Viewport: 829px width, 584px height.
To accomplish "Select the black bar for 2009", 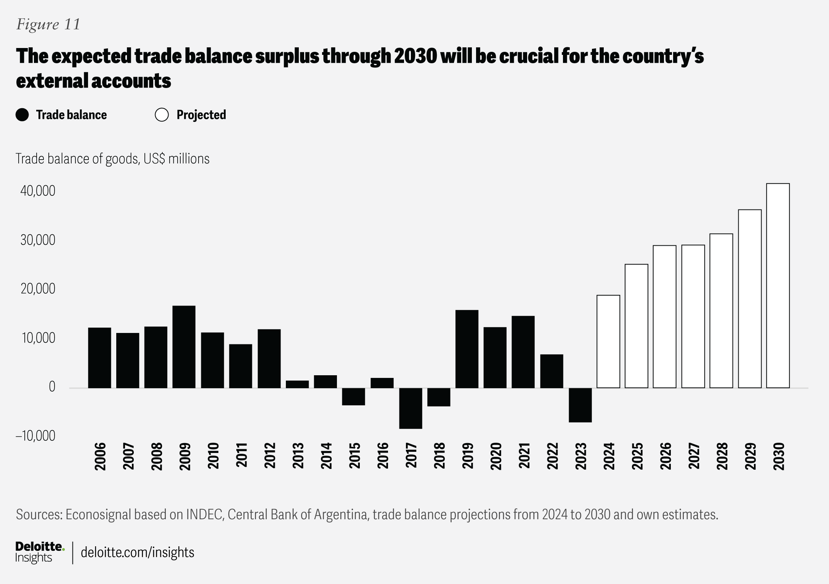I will [184, 347].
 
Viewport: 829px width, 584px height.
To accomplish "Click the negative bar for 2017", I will [410, 408].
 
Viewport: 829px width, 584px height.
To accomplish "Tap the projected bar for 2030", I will [778, 286].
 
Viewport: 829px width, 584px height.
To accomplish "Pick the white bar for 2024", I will [608, 341].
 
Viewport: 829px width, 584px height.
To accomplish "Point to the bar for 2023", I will [580, 405].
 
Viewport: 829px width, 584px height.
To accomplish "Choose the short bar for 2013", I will [297, 384].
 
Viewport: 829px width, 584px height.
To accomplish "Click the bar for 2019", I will [467, 349].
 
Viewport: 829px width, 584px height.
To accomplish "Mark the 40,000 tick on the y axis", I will [38, 191].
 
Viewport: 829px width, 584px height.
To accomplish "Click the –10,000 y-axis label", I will [35, 436].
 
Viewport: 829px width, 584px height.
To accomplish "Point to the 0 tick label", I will [52, 387].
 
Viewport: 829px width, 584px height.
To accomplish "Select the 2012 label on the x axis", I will [270, 456].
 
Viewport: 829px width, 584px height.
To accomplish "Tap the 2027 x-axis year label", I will [694, 456].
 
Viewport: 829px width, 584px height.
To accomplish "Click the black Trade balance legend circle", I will [22, 115].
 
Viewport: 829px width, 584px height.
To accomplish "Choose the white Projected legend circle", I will [162, 115].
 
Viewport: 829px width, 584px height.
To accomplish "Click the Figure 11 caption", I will [48, 24].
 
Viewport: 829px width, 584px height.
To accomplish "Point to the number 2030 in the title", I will [415, 56].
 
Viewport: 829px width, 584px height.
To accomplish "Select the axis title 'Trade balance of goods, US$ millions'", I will [112, 159].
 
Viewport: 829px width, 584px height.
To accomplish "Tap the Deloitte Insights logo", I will [40, 552].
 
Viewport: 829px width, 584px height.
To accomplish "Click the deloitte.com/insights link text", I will [138, 552].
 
